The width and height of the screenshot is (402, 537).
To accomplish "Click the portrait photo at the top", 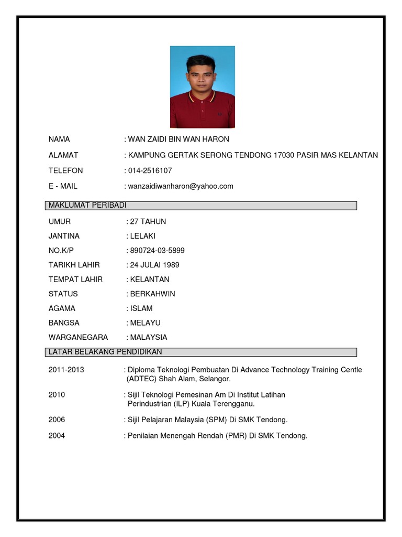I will (202, 87).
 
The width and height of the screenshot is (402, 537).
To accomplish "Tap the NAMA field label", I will (59, 139).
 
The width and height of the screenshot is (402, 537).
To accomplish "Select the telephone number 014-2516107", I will (150, 170).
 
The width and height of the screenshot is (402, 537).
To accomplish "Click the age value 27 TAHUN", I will (148, 222).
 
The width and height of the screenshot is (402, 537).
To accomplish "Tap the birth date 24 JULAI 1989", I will (155, 265).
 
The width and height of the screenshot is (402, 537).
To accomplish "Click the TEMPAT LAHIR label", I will (75, 280).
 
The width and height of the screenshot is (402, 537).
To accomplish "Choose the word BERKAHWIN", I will (153, 294).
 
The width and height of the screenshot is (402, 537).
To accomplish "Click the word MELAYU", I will (146, 323).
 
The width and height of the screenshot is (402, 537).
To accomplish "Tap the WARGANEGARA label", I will (78, 337).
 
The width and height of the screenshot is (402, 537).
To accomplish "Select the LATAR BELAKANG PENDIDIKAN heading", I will (105, 352).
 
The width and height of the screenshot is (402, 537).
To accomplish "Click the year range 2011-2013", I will (66, 370).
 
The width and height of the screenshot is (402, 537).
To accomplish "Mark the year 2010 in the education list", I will (57, 394).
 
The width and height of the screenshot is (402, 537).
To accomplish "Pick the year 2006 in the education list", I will (57, 420).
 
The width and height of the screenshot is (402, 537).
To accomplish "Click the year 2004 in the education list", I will (57, 435).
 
